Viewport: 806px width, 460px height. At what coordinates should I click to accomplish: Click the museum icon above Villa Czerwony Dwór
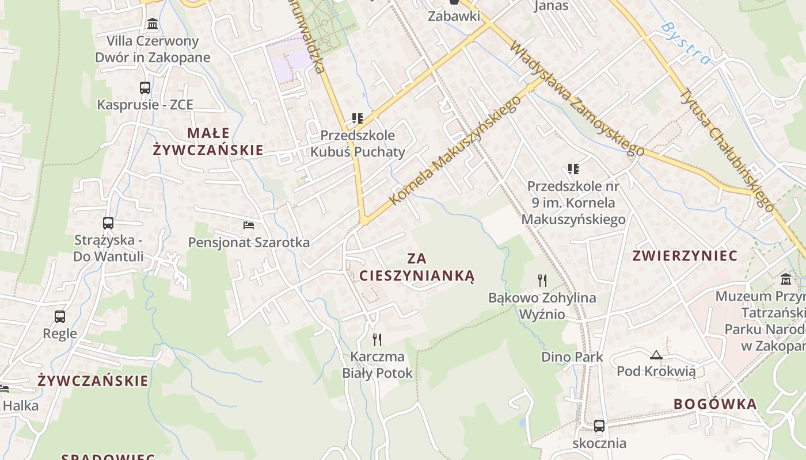153,24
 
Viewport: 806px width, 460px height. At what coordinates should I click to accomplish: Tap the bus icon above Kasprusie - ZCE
145,88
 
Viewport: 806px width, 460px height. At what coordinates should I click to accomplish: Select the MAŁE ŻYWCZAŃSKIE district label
208,141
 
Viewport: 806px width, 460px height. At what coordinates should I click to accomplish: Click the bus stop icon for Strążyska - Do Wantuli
108,223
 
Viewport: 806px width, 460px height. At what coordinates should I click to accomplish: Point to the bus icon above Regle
60,316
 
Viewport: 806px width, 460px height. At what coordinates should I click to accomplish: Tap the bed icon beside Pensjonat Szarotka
249,225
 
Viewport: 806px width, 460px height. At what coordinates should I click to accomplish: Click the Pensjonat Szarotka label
249,243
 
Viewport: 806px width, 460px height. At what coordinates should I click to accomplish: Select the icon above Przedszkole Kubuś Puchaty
358,118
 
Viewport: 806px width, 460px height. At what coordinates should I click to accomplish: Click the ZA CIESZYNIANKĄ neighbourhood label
417,267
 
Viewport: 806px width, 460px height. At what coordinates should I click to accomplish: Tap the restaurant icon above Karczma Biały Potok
377,339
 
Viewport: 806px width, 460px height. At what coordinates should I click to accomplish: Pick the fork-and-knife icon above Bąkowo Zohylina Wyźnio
542,281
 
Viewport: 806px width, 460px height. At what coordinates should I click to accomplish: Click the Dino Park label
572,357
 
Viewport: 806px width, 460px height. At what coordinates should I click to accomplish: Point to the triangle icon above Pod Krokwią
656,355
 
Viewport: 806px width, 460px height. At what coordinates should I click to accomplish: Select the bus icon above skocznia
599,426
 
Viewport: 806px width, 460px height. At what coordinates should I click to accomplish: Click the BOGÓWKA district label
715,404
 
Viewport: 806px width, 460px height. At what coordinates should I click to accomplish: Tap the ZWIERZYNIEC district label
685,256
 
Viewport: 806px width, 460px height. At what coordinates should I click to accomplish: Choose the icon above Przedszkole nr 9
573,169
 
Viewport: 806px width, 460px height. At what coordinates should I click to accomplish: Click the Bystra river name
685,44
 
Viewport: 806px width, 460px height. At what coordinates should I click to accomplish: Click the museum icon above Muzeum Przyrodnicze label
786,280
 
